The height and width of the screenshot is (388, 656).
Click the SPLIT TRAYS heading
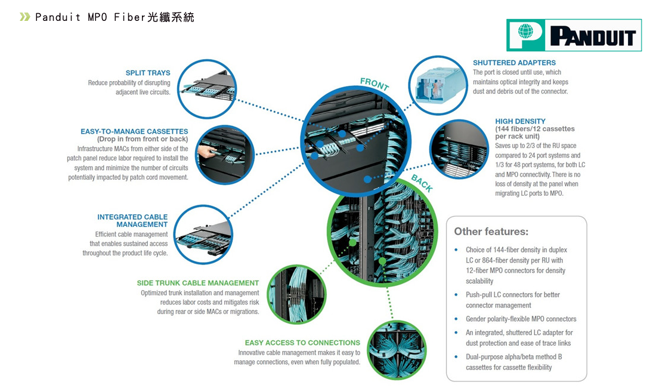(x=147, y=73)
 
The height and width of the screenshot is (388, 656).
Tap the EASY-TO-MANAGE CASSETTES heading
(x=134, y=131)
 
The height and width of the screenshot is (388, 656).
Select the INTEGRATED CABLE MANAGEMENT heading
(x=132, y=220)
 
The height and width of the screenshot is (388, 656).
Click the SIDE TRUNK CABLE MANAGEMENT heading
(x=198, y=283)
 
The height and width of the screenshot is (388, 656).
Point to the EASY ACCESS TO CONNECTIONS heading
(x=302, y=343)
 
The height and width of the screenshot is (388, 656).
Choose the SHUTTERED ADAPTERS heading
(x=514, y=63)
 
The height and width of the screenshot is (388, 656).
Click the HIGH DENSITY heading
(x=520, y=121)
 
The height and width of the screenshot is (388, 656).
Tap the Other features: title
(x=491, y=232)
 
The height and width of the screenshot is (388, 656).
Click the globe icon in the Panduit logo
(x=525, y=31)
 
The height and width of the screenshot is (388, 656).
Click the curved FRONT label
(x=374, y=85)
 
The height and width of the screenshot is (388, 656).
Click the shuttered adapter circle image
(x=437, y=84)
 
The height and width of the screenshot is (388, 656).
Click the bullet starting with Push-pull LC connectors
(x=513, y=300)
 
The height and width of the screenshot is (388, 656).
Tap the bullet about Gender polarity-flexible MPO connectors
(x=521, y=319)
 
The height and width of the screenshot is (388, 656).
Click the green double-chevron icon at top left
(x=24, y=17)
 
